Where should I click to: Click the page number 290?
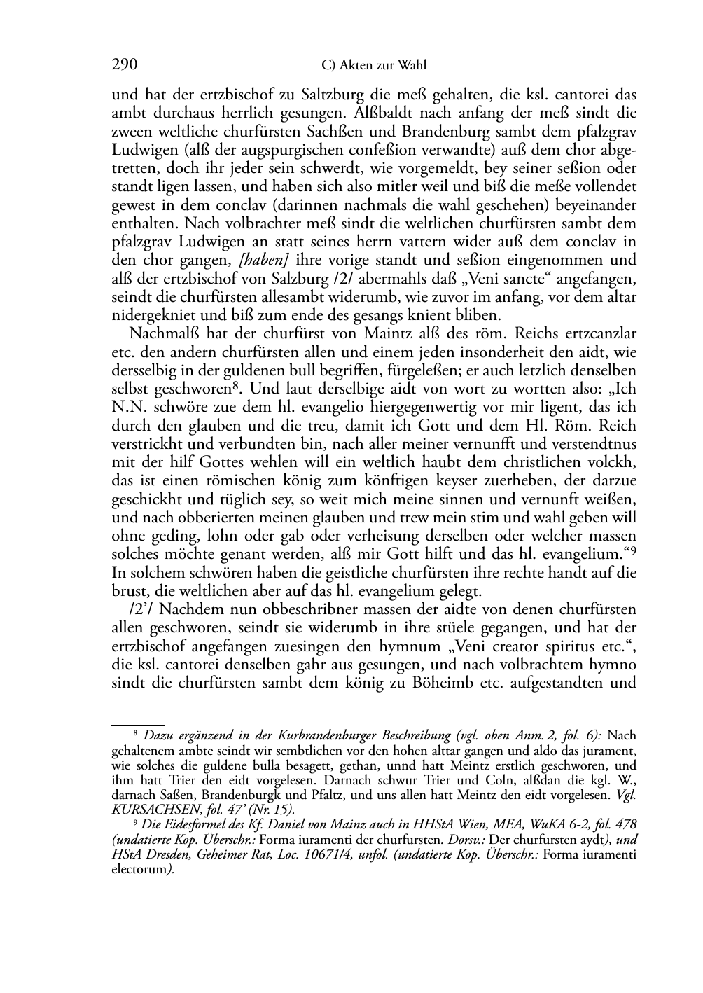tap(124, 65)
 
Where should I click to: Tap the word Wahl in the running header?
tap(412, 66)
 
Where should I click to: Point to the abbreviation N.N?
tap(127, 407)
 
